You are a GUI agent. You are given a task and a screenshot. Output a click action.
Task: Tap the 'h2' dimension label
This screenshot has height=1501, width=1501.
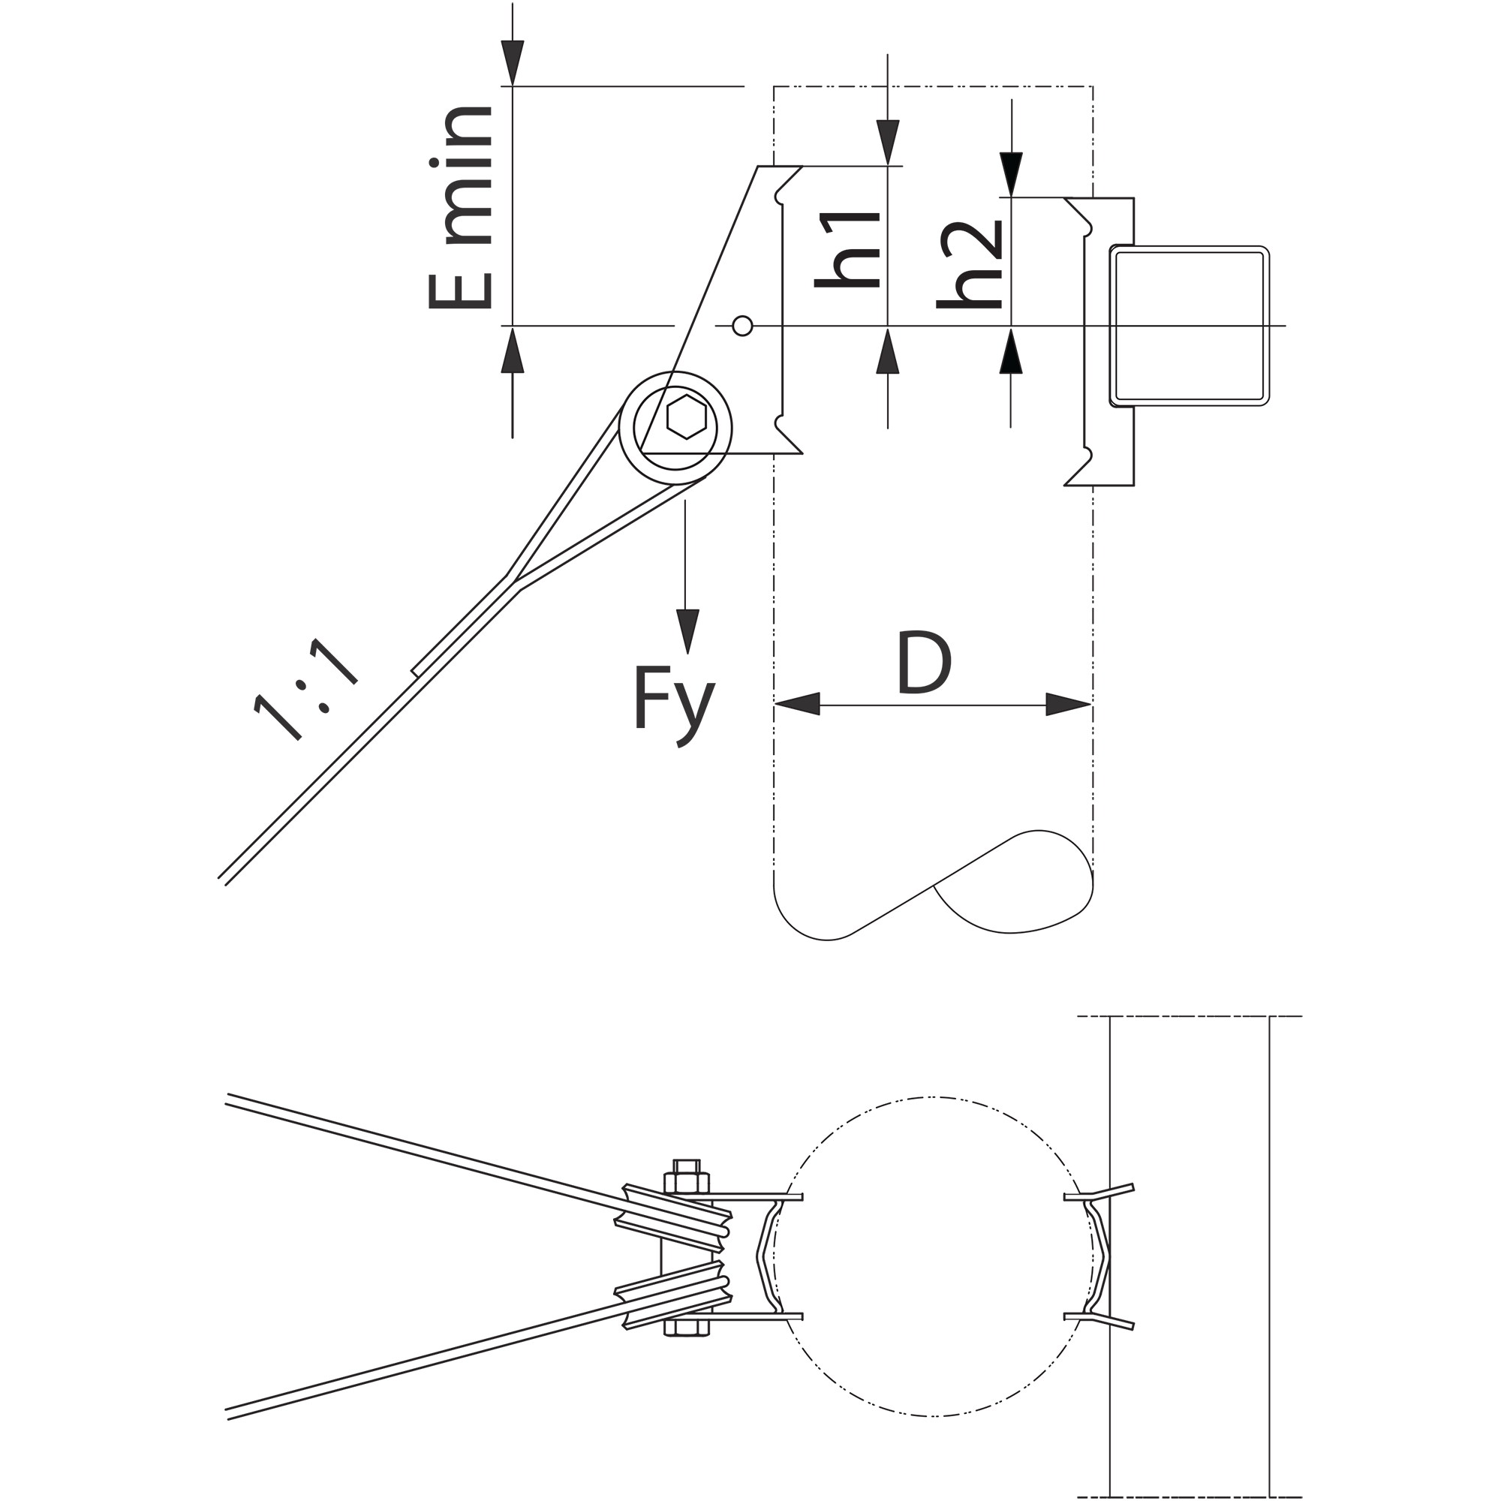point(970,265)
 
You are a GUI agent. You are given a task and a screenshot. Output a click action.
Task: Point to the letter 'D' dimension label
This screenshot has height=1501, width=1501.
point(925,662)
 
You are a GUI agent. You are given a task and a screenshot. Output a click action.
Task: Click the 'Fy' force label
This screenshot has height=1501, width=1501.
point(675,705)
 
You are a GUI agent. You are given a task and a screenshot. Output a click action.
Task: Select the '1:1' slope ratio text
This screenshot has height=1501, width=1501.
point(305,690)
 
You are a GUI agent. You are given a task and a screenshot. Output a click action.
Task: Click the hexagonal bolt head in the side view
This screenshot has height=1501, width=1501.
point(687,417)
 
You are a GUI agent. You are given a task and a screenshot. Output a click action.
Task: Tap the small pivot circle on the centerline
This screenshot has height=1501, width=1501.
point(743,326)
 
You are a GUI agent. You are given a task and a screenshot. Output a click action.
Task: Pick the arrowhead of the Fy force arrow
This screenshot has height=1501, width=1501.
point(687,632)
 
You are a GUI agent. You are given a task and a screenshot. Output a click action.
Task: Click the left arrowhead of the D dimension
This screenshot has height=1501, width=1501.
point(798,704)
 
